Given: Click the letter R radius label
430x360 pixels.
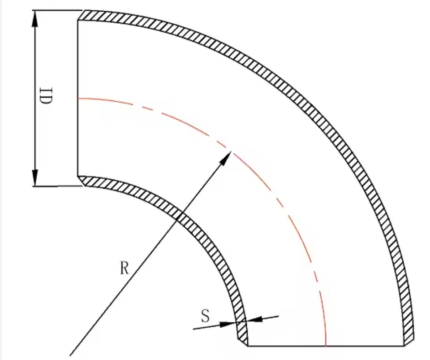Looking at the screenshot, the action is (x=124, y=268).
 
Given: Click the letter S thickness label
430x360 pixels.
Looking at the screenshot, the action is (x=206, y=316).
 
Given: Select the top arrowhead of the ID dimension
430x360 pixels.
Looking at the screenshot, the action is (x=35, y=19).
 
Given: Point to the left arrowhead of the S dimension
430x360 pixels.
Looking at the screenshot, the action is (x=228, y=324).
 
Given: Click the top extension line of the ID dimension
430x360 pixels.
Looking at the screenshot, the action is (x=57, y=10).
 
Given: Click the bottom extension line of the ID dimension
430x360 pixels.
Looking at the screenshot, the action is (x=57, y=187).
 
